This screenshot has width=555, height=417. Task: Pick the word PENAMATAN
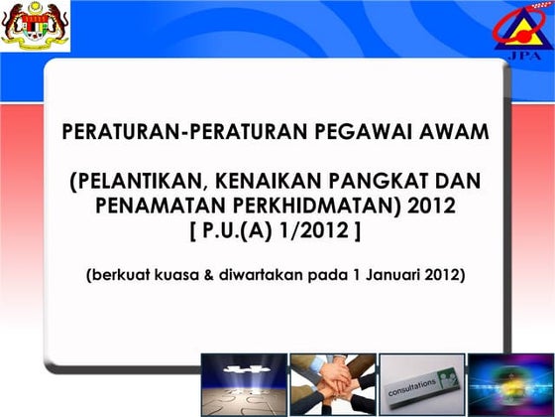pos(159,207)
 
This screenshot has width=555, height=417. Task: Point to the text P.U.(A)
pos(246,230)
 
